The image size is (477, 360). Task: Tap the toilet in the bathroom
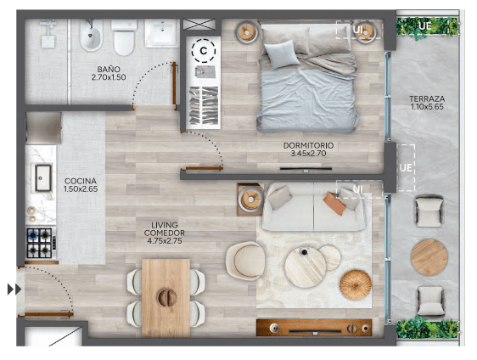tap(124, 37)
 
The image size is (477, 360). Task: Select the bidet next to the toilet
tap(91, 36)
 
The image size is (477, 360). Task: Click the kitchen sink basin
tap(43, 178)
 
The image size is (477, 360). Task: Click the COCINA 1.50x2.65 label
tap(81, 185)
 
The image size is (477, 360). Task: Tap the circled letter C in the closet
tap(204, 51)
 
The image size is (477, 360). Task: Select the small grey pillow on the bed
tap(282, 54)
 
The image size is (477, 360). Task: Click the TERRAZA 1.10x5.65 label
tap(427, 103)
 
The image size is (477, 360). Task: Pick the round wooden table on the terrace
tap(429, 257)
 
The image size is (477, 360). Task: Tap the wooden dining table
tap(166, 298)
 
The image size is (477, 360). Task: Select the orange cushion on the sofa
tap(334, 204)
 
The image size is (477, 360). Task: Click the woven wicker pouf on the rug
tap(356, 284)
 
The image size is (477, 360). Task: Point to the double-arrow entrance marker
tap(14, 289)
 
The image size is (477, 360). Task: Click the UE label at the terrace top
tap(424, 26)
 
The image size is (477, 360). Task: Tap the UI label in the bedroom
tap(358, 30)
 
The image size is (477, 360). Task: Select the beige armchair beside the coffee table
tap(245, 261)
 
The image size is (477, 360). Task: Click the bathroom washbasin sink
tap(161, 33)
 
